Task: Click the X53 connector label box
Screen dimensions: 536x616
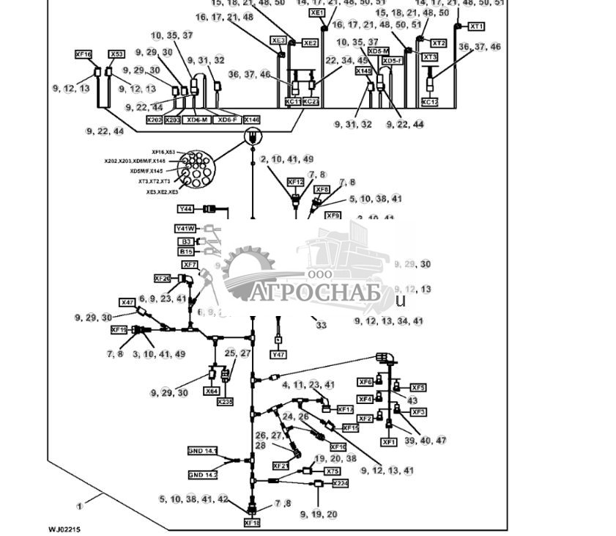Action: [x=117, y=54]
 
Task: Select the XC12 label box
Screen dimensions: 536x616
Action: [x=430, y=102]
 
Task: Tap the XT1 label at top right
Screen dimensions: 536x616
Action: [x=477, y=26]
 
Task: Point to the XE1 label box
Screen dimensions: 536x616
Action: [x=316, y=13]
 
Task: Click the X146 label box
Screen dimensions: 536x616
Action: [x=251, y=120]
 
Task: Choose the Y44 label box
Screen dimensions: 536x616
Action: [x=185, y=209]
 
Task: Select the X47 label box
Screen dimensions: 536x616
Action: [x=127, y=302]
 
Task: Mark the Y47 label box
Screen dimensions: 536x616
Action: [x=278, y=355]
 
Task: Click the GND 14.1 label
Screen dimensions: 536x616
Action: [x=203, y=451]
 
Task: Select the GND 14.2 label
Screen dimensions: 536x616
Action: [x=203, y=475]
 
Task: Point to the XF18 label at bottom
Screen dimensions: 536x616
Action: [x=252, y=524]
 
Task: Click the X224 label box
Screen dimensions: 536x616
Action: [x=341, y=484]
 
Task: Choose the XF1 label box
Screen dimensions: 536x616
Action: [x=389, y=442]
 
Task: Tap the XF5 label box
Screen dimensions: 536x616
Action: [x=418, y=387]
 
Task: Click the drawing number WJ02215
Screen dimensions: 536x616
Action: [x=64, y=529]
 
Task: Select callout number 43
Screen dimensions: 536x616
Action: [x=412, y=400]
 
